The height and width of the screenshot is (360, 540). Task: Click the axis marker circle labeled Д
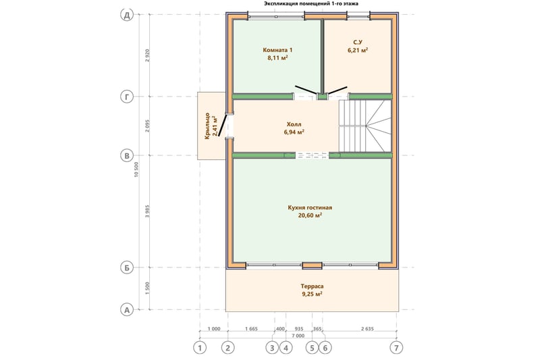[127, 15]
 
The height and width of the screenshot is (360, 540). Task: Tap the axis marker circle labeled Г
[127, 97]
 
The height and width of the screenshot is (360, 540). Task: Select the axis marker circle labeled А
[127, 310]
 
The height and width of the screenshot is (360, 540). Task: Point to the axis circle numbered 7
[397, 348]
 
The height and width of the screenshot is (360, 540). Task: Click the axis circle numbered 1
[200, 348]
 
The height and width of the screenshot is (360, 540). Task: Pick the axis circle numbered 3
[272, 348]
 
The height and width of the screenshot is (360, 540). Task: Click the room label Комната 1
[277, 50]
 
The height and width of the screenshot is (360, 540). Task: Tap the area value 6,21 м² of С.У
[358, 50]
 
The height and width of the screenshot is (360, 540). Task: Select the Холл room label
[294, 124]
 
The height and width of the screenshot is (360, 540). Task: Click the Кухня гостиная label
[310, 208]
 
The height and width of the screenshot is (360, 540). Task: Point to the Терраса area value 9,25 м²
[312, 294]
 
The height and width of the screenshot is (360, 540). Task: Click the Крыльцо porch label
[207, 126]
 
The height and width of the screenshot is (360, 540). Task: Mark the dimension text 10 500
[136, 170]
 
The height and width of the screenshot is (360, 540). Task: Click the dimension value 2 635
[367, 329]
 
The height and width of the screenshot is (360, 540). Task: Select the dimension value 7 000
[298, 336]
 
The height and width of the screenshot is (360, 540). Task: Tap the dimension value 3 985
[147, 211]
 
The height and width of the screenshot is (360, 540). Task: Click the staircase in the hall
[365, 126]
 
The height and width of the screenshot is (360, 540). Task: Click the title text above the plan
[311, 4]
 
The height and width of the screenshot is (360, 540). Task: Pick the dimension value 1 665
[251, 329]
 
